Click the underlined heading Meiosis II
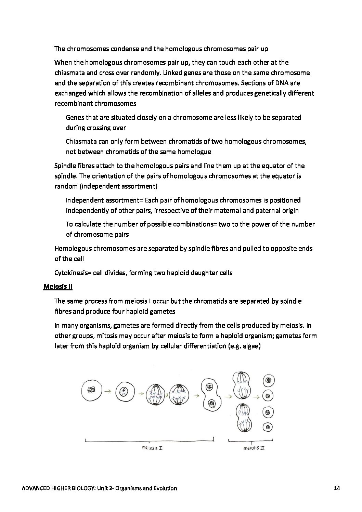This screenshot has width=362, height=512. pos(58,287)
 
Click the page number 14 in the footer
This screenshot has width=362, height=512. pos(336,488)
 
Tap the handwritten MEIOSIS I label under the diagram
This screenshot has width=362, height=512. pos(152,448)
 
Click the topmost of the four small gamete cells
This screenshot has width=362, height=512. pos(269,380)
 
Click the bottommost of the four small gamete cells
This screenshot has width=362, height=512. pos(269,427)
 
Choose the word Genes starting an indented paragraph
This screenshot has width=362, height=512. pos(74,118)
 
